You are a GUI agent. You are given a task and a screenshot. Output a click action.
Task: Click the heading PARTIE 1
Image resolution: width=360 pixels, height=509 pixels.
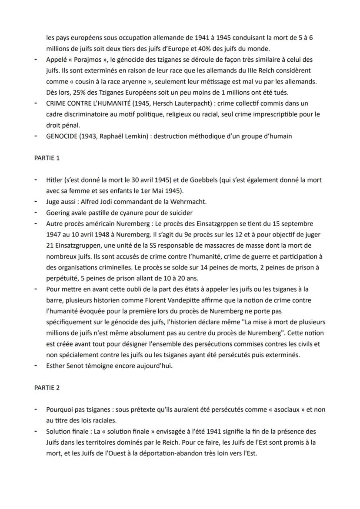pos(47,158)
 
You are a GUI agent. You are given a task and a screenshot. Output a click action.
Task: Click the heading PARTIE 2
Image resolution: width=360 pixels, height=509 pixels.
pos(47,388)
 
